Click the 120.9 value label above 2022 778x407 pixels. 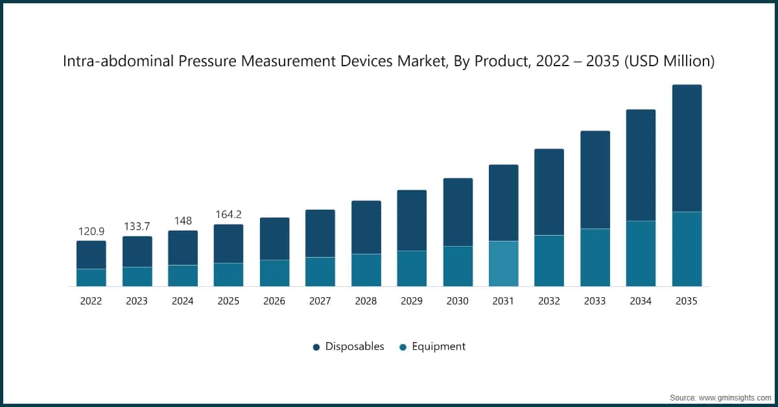pos(91,232)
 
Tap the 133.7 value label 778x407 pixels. pos(137,226)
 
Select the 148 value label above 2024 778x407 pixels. pos(183,221)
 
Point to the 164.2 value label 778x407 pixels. pos(228,215)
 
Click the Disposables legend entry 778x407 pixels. pos(349,347)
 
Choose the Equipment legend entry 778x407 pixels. pos(432,347)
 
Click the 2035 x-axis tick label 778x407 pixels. pos(687,301)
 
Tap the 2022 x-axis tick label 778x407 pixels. pos(91,301)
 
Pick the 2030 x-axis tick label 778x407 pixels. pos(458,301)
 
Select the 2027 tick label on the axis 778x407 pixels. pos(320,301)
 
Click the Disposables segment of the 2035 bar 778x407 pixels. pos(687,148)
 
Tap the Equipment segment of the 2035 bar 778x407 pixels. pos(687,249)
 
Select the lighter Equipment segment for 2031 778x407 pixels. pos(503,264)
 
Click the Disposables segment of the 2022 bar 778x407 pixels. pos(91,254)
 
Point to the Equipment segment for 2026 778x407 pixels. pos(274,273)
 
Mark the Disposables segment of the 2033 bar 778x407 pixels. pos(595,180)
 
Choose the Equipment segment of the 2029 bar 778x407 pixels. pos(412,268)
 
